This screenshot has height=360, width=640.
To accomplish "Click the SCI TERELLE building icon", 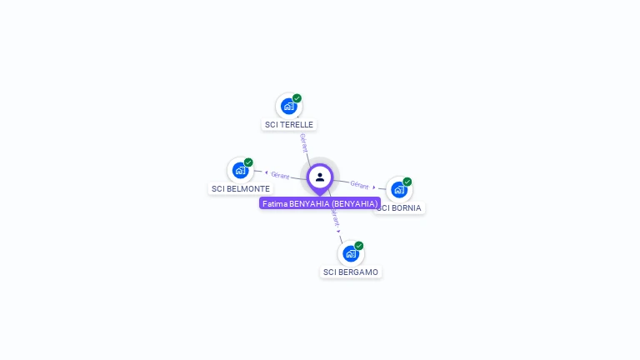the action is click(x=288, y=106).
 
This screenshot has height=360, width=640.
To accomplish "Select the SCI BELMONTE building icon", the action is click(x=240, y=170).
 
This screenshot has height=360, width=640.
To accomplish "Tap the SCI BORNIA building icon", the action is click(x=398, y=189).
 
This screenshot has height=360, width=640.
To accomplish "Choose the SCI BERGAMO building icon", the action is click(x=351, y=253).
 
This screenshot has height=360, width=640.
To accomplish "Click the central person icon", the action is click(x=320, y=177).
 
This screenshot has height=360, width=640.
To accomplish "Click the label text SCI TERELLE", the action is click(x=289, y=125).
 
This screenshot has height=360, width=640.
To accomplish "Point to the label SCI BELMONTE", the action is click(x=241, y=189).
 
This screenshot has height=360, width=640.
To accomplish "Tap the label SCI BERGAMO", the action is click(x=351, y=272).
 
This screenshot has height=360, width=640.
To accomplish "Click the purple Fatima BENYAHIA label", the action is click(x=320, y=203).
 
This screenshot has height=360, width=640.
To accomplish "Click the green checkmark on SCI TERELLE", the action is click(x=297, y=98).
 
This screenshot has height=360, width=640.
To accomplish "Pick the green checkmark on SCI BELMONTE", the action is click(x=248, y=162).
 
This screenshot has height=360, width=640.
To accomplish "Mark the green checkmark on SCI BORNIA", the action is click(x=407, y=182).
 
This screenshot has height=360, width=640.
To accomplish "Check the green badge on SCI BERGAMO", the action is click(x=359, y=246).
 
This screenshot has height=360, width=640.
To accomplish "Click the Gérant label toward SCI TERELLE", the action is click(x=304, y=142).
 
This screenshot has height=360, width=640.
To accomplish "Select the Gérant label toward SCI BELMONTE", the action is click(x=280, y=175).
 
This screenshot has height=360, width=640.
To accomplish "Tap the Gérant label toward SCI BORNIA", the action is click(x=359, y=184).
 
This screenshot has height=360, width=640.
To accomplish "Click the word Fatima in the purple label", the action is click(x=274, y=203).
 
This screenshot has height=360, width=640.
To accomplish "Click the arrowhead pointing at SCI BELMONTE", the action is click(x=265, y=172).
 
